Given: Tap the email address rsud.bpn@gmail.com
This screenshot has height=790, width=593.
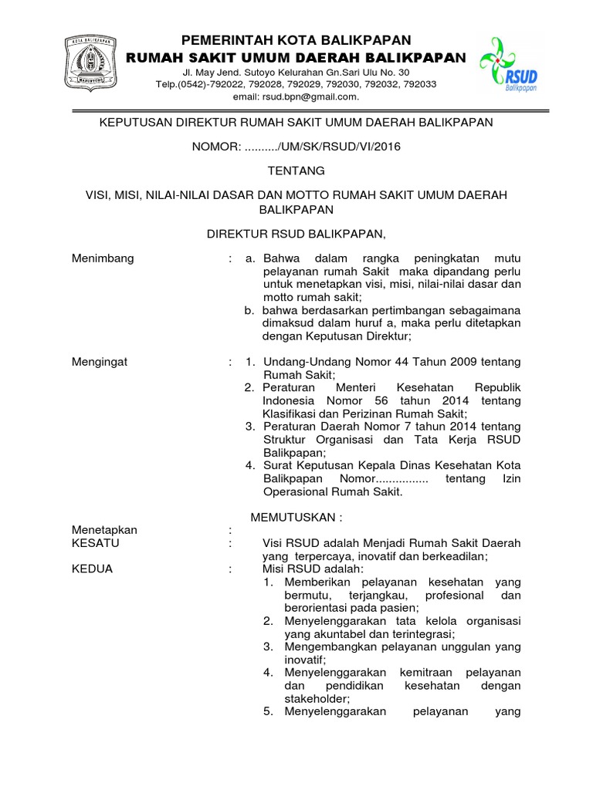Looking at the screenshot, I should coord(296,96).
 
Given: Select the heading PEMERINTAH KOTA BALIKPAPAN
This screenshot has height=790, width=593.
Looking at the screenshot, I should coord(296,40).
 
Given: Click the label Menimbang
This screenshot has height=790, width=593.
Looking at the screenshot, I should coord(103,258).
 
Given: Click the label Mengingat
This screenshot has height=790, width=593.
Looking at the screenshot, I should coord(100,362).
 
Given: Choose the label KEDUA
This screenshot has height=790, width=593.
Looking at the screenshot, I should coord(92,569).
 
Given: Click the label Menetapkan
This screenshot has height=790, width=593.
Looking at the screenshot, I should coord(104,530).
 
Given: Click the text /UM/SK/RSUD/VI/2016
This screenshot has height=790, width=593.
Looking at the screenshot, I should coord(335,146).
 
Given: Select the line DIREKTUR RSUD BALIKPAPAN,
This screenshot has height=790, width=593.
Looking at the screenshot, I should coord(297,233).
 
